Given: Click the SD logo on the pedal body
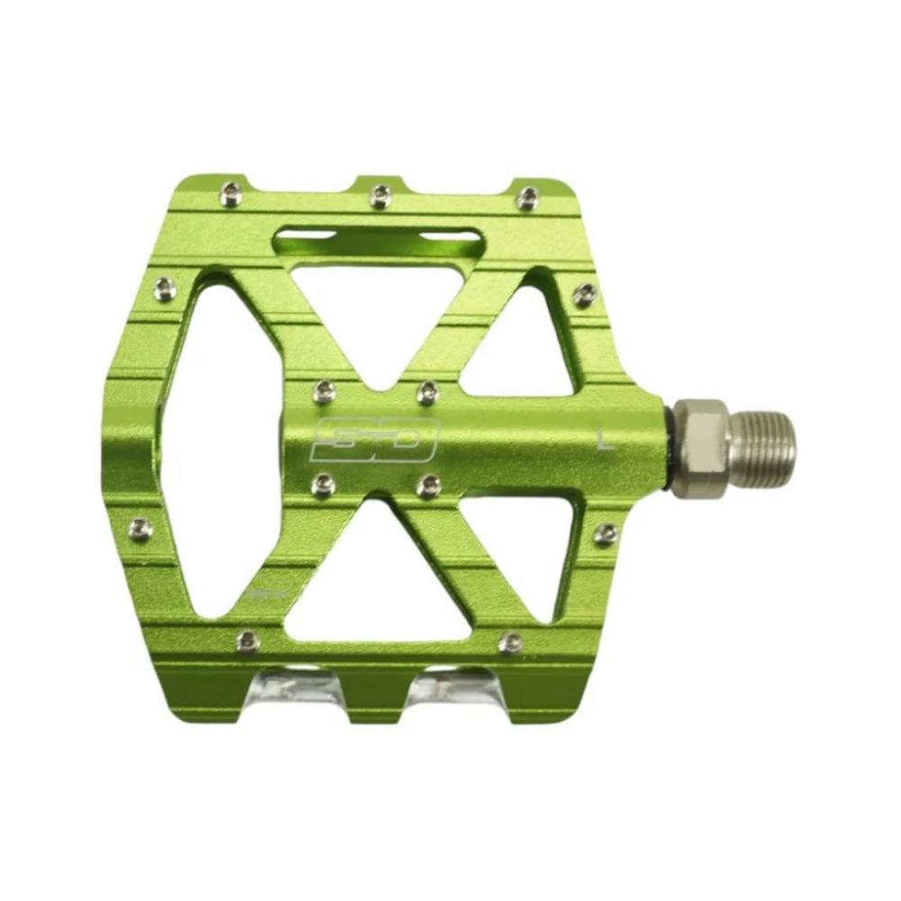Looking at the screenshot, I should [373, 438].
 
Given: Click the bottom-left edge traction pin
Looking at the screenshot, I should [244, 640].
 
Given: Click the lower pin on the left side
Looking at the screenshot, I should [141, 528].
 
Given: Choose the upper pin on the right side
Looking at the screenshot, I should [584, 293].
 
